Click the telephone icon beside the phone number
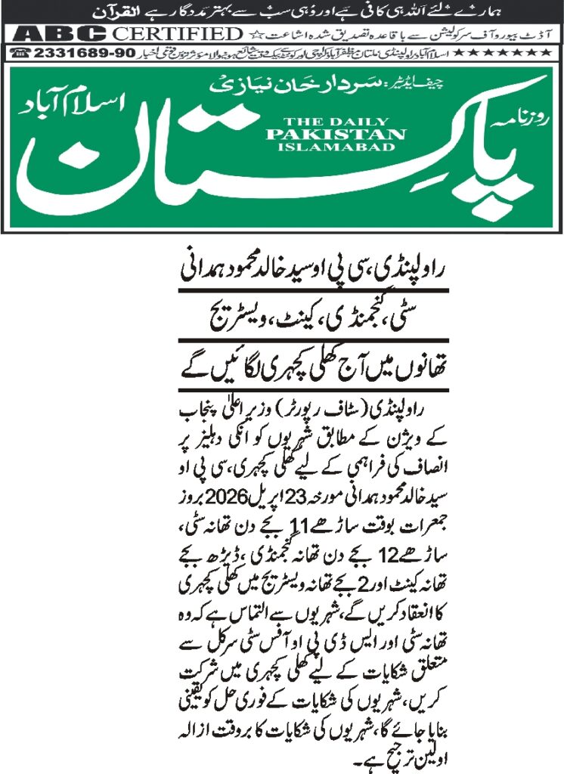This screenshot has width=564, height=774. tap(21, 53)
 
